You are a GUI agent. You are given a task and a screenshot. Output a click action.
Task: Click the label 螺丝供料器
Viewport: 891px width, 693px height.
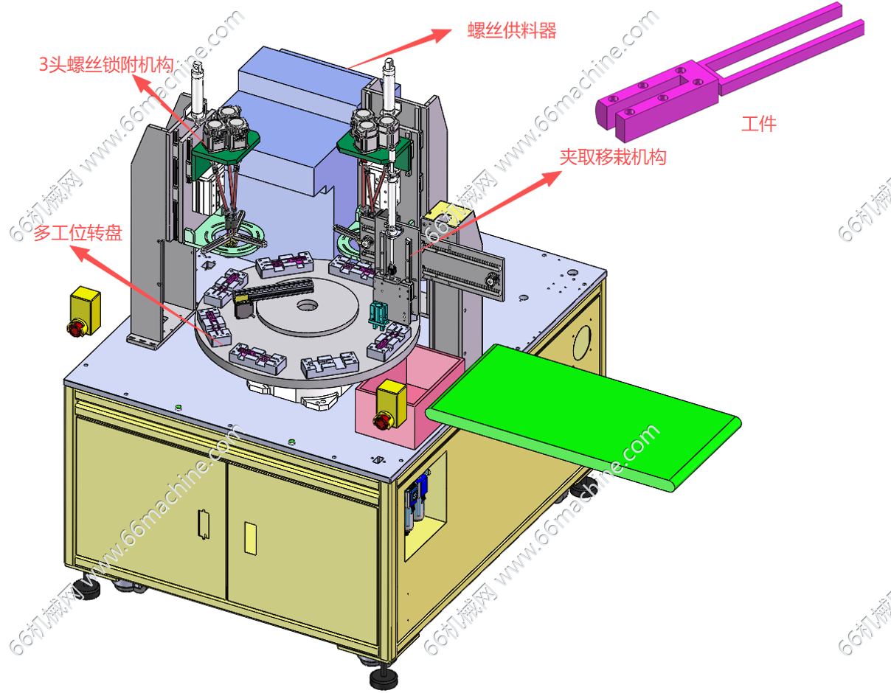coord(512,31)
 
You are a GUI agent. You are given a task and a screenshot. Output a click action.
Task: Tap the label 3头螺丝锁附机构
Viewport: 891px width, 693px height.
coord(105,64)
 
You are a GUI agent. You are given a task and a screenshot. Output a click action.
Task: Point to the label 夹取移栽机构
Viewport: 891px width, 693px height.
coord(612,157)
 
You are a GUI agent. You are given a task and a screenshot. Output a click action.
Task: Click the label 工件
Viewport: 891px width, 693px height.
coord(758,123)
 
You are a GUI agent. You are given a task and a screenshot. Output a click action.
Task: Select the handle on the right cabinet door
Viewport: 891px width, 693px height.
coord(250,537)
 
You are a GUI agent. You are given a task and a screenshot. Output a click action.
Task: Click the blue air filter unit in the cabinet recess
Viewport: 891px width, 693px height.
coord(417,498)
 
